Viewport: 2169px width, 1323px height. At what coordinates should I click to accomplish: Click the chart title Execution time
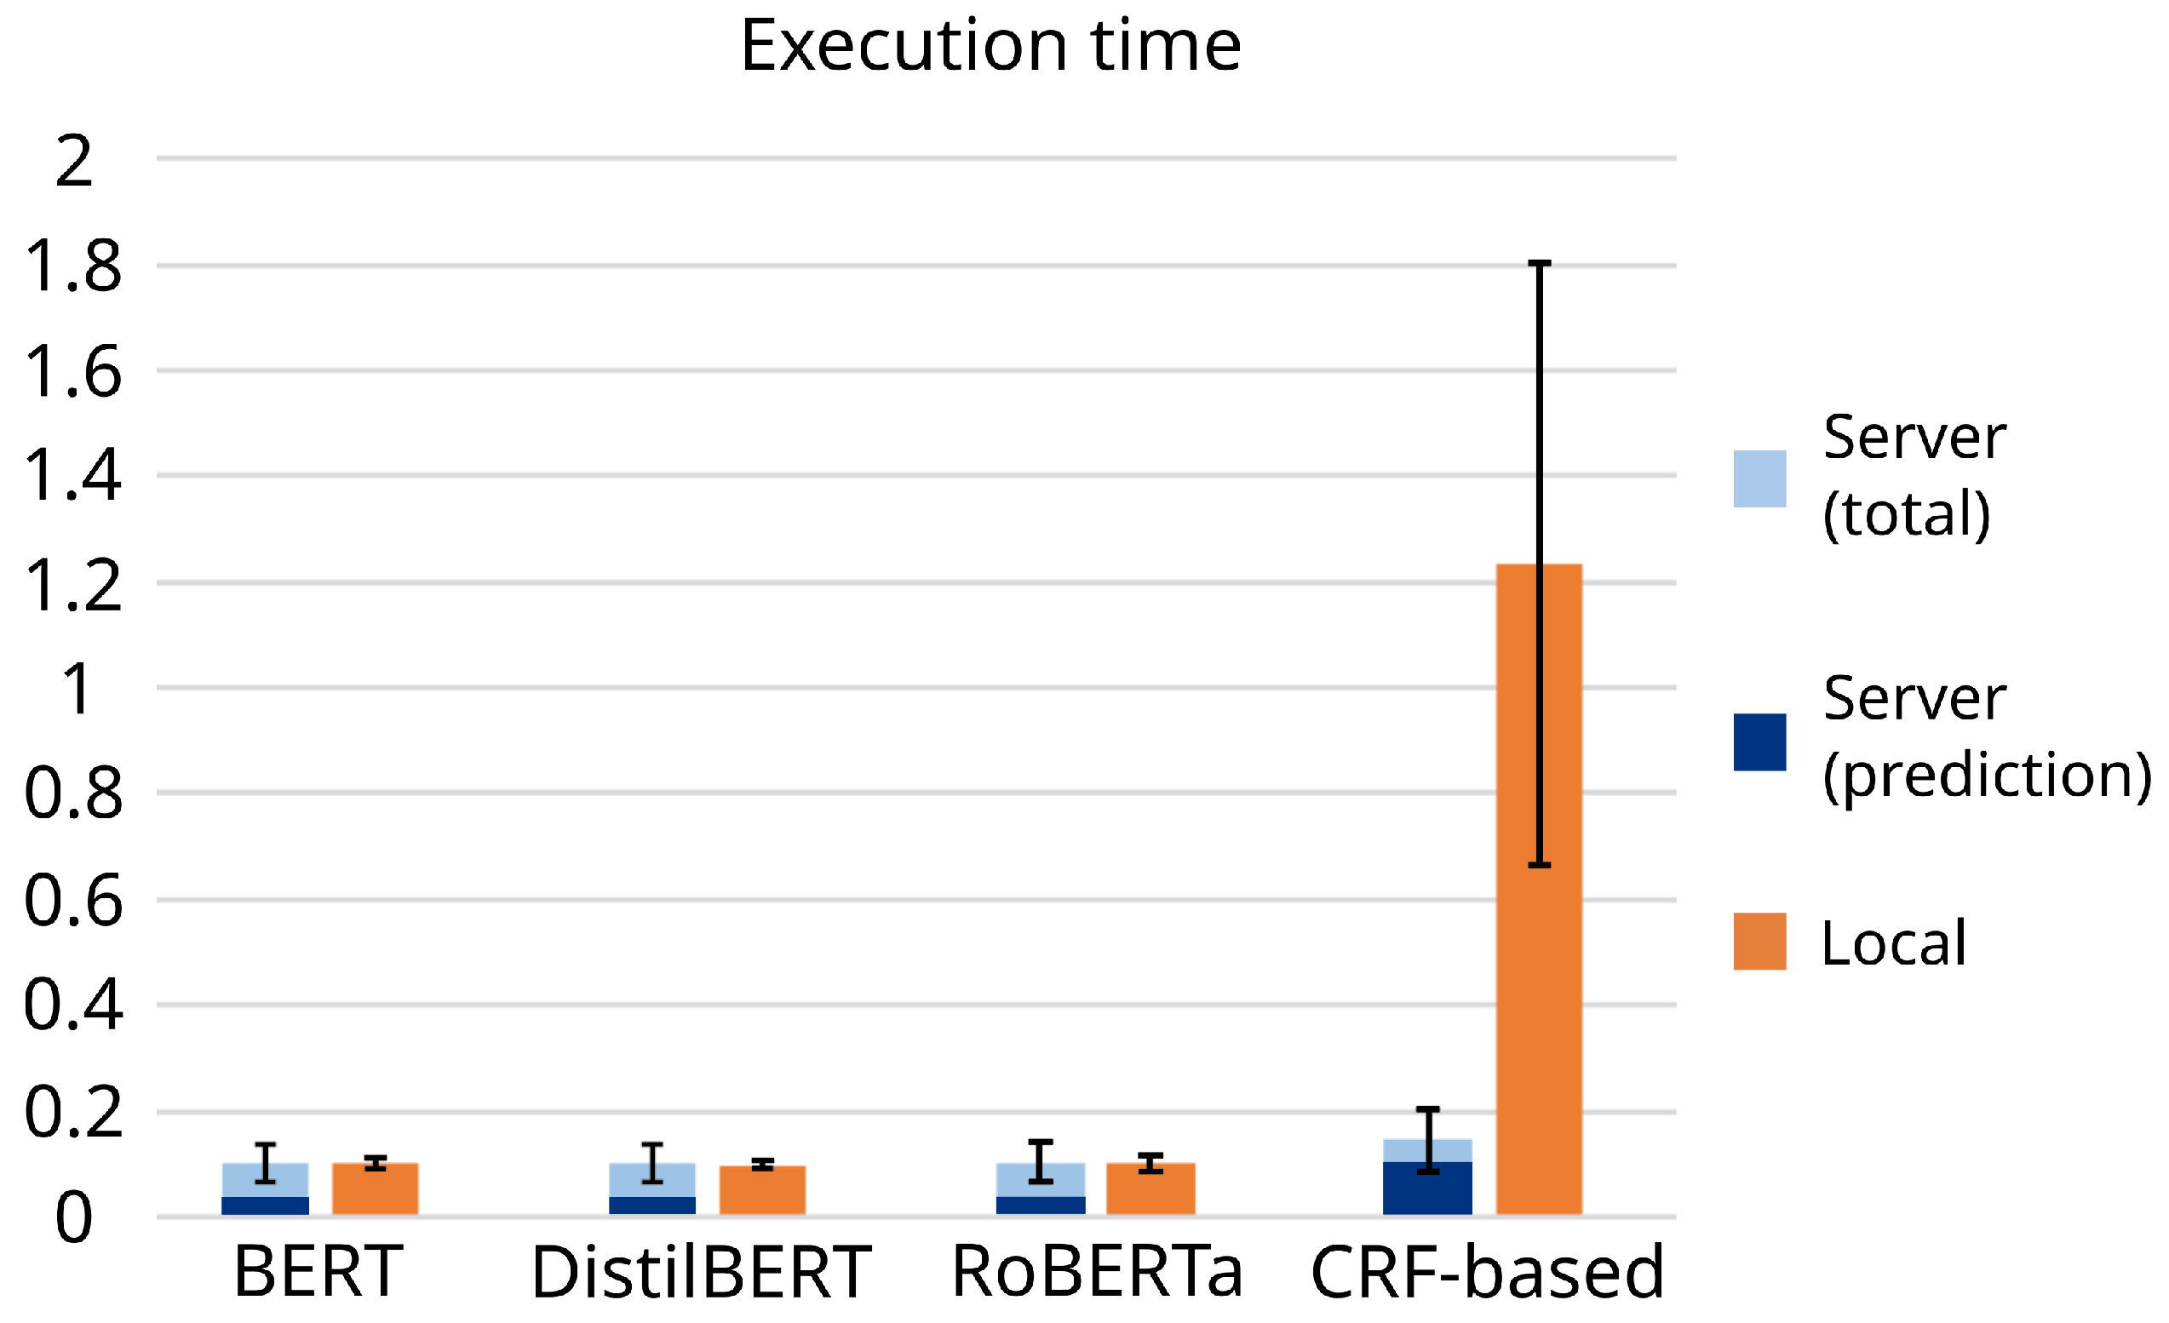[x=990, y=45]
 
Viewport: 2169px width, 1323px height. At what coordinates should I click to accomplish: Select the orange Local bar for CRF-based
[x=1540, y=889]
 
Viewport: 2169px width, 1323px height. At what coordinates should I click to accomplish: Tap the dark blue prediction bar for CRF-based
[x=1427, y=1188]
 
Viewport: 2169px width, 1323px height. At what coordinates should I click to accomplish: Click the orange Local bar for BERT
[x=375, y=1189]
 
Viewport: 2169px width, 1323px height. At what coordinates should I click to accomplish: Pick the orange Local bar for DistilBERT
[x=762, y=1190]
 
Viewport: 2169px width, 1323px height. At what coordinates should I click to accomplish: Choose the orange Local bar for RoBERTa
[x=1150, y=1189]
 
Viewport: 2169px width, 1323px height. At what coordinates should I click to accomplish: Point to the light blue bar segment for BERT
[x=265, y=1179]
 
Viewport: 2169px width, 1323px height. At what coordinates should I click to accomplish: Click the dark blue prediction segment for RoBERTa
[x=1041, y=1206]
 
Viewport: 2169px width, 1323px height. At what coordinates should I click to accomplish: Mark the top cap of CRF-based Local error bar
[x=1540, y=263]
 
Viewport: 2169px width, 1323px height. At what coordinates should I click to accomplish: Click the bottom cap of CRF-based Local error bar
[x=1540, y=865]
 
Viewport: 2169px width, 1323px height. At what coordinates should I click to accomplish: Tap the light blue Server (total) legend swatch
[x=1759, y=478]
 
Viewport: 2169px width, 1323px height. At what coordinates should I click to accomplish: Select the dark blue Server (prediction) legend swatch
[x=1759, y=742]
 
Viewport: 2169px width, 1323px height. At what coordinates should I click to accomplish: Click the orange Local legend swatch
[x=1759, y=942]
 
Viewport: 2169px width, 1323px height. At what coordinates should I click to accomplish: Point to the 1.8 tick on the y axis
[x=74, y=266]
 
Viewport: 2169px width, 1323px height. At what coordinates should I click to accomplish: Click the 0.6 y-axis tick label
[x=74, y=900]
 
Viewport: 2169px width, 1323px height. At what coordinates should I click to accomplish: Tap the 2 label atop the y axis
[x=74, y=160]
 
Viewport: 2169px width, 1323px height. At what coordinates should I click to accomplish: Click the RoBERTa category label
[x=1097, y=1272]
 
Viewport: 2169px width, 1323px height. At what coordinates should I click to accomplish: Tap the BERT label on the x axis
[x=318, y=1272]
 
